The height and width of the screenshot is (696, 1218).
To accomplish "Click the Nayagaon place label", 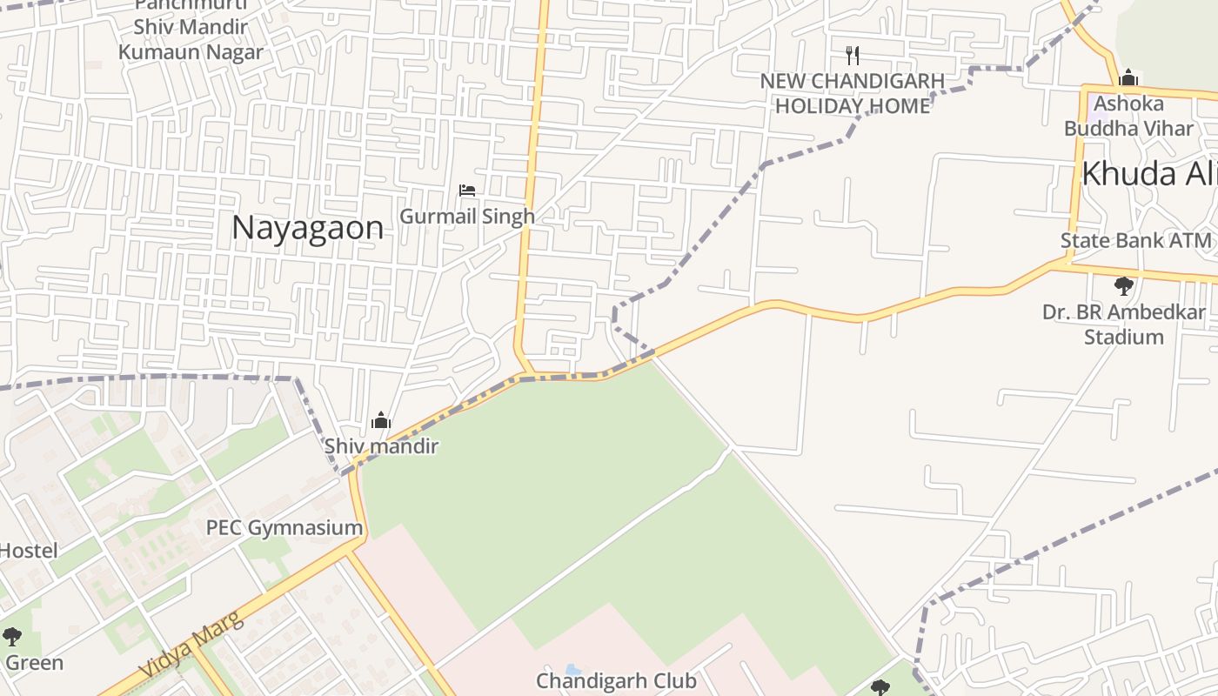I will click(307, 228).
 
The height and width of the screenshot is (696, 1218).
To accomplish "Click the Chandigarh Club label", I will click(616, 680).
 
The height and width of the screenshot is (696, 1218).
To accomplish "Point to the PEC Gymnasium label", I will click(284, 527).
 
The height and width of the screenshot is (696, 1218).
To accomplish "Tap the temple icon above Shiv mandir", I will click(380, 422).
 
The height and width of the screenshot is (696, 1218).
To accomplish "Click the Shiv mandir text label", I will click(381, 446).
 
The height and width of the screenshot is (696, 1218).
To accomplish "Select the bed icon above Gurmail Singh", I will click(467, 191).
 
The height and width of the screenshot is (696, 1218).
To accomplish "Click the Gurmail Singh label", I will click(466, 216).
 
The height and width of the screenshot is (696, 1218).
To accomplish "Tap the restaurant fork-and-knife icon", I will click(853, 56).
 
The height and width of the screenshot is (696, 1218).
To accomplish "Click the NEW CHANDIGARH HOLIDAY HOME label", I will click(853, 93).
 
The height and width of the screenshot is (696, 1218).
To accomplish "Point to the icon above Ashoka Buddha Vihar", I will click(1128, 78).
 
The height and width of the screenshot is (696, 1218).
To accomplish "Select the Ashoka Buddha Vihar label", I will click(1128, 116).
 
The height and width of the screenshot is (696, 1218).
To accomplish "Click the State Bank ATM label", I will click(1135, 241).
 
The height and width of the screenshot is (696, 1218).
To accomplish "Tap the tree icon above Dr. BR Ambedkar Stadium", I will click(1123, 285).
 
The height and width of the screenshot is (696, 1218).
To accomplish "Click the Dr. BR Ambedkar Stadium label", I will click(1123, 324).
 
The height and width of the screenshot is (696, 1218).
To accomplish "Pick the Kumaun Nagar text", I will click(191, 51).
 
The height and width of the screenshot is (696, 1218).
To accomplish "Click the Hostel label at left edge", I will click(28, 551).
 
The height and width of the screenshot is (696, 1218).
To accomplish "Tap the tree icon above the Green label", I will click(11, 637).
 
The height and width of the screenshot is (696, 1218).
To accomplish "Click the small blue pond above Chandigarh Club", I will click(573, 670).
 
